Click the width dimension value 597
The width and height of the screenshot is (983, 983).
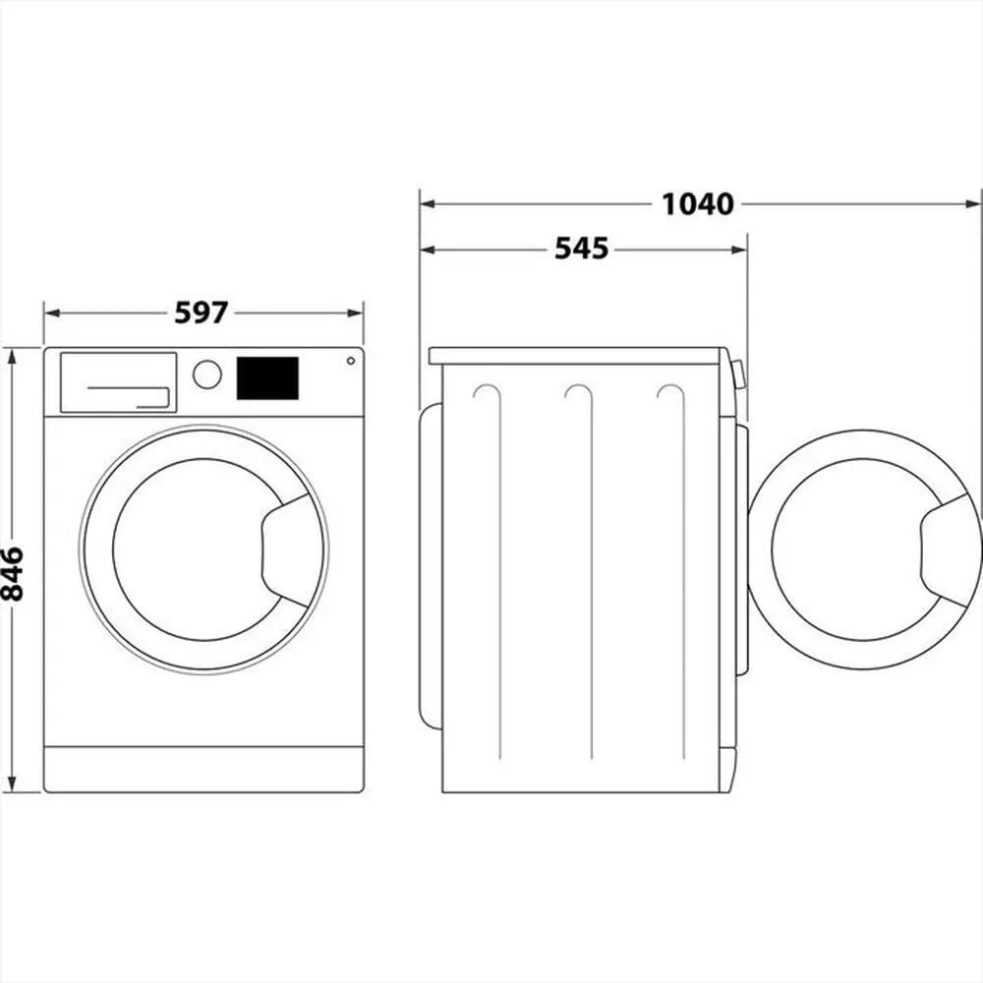pyautogui.click(x=201, y=313)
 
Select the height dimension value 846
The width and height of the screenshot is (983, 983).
pyautogui.click(x=12, y=572)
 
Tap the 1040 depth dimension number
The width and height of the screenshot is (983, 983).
pyautogui.click(x=697, y=204)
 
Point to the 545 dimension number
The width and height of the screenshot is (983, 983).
pyautogui.click(x=581, y=250)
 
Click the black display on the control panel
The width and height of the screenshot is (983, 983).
pyautogui.click(x=267, y=378)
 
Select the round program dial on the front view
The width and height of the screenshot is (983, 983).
pyautogui.click(x=207, y=375)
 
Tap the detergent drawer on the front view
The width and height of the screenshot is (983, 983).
pyautogui.click(x=118, y=381)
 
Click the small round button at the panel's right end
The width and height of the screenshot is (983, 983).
pyautogui.click(x=350, y=361)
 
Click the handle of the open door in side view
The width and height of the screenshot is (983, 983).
pyautogui.click(x=948, y=550)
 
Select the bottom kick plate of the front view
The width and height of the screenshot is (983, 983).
pyautogui.click(x=203, y=768)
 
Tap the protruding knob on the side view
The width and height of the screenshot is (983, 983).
pyautogui.click(x=738, y=375)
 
